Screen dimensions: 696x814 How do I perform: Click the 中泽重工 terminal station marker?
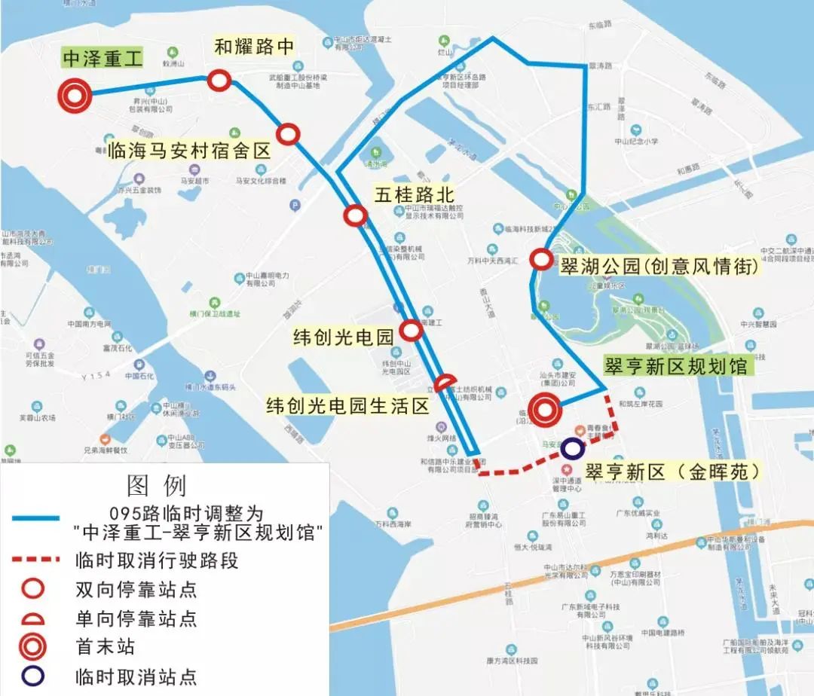[x=75, y=95]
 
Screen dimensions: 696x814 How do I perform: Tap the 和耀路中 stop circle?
[x=219, y=79]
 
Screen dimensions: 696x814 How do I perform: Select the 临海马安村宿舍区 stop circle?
[x=288, y=134]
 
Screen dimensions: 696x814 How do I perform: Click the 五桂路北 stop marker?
[x=354, y=216]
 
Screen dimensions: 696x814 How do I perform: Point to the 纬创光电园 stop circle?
[x=411, y=330]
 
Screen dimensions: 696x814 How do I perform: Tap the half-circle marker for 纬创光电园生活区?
[x=445, y=383]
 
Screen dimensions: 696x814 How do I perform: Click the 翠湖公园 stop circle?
[x=541, y=259]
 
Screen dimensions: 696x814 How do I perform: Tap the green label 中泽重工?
[x=103, y=59]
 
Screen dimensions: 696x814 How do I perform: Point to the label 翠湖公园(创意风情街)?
[x=658, y=266]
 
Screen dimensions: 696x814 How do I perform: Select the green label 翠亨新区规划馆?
[x=676, y=366]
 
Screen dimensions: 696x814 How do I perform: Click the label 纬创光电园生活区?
[x=347, y=407]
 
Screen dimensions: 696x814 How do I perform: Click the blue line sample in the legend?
[x=35, y=518]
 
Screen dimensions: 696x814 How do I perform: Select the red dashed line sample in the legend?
[x=35, y=560]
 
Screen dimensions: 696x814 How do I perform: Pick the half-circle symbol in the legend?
[x=35, y=619]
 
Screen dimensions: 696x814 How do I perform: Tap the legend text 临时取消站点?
[x=136, y=676]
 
